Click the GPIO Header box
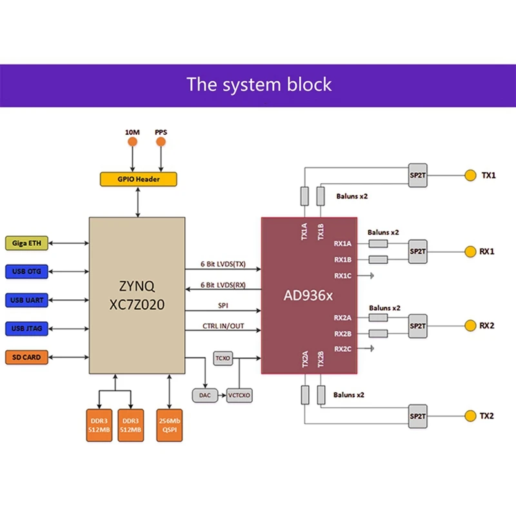tap(139, 179)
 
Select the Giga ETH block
tap(26, 243)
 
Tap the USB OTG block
tap(26, 272)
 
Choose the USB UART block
tap(26, 300)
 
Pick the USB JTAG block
tap(26, 329)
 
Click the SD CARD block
tap(26, 357)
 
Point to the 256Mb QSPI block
tap(170, 424)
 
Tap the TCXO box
tap(223, 357)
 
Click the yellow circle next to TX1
tap(469, 175)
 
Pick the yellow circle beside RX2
tap(469, 326)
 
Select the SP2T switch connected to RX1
tap(418, 251)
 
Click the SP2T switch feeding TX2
tap(418, 415)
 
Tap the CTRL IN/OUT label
tap(223, 326)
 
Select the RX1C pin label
tap(342, 275)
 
